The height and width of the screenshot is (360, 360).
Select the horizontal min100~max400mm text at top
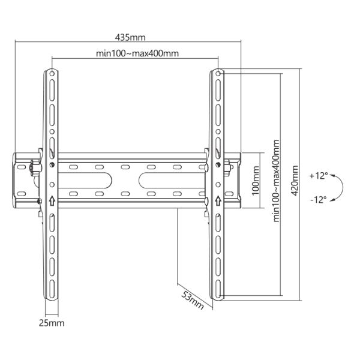click(x=137, y=53)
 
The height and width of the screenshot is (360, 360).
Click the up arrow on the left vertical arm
click(x=52, y=202)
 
